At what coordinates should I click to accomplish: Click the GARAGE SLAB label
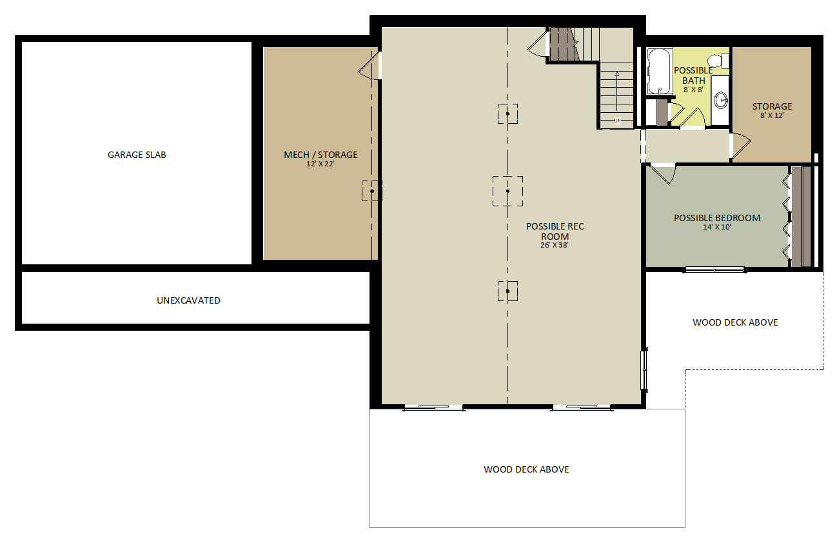137,155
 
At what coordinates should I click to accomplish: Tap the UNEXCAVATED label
189,300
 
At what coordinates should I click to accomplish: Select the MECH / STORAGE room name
320,155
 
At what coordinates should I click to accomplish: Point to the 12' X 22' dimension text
320,164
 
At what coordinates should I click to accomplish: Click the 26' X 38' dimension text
555,245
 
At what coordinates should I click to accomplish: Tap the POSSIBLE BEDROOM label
717,218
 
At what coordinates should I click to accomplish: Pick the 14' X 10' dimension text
716,227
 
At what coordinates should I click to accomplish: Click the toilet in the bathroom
718,61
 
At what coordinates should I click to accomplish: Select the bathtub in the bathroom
660,71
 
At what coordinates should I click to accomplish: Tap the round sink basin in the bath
721,100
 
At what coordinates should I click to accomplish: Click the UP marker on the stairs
617,121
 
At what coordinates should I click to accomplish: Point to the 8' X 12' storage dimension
772,115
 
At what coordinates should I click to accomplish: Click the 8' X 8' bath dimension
693,90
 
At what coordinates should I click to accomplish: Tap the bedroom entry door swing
664,175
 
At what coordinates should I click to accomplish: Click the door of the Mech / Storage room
370,66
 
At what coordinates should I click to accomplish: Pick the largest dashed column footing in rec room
507,191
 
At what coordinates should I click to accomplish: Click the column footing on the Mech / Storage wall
372,191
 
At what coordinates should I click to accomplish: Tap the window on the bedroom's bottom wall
714,269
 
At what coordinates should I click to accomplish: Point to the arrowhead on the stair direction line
617,74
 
